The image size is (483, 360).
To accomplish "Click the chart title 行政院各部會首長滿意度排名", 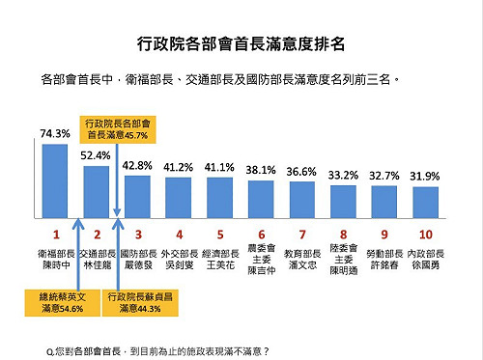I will click(x=241, y=44).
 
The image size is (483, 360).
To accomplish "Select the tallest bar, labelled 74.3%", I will click(x=55, y=183).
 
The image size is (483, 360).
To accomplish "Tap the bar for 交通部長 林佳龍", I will click(x=97, y=194).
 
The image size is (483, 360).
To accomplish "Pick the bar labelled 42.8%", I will click(x=138, y=199).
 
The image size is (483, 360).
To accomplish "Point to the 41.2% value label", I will click(x=179, y=166).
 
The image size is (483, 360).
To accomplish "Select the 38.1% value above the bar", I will click(x=261, y=169).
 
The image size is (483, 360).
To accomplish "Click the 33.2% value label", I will click(x=344, y=176).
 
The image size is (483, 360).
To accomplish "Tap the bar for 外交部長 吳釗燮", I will click(x=179, y=200).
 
